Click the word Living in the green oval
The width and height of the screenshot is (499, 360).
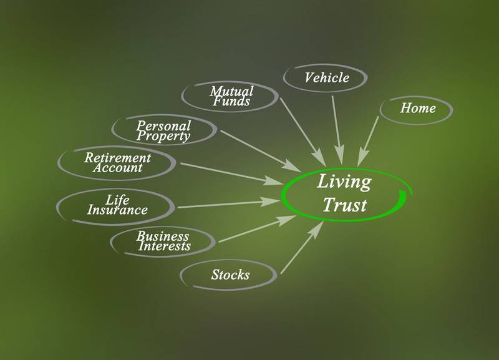point(344,183)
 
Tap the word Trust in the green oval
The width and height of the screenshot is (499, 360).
point(345,204)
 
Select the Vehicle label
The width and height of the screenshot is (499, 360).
point(326,78)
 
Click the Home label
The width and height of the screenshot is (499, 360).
point(417,108)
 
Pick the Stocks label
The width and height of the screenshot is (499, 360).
point(230,275)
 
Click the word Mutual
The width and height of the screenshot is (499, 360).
point(231,91)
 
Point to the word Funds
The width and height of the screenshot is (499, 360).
point(231,101)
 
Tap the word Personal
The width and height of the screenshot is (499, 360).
point(163,125)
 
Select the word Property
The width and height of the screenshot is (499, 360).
point(163,135)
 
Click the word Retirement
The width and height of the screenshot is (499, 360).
point(118,157)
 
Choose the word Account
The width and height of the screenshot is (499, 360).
point(118,168)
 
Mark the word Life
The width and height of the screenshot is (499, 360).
point(117,200)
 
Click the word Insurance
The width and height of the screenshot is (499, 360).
point(117,210)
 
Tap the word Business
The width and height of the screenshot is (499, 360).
point(163,236)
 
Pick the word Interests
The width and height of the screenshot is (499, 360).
point(165,246)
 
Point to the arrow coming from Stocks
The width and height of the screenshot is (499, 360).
point(302,248)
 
